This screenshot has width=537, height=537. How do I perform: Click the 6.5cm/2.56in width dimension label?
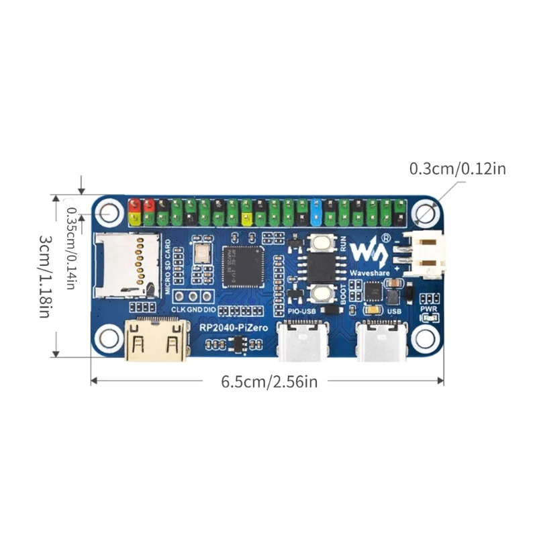tap(269, 382)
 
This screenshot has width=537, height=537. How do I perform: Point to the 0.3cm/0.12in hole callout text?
tap(458, 168)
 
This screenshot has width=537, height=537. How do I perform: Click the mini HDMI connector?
tap(156, 340)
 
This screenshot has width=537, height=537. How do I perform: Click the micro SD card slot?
tap(128, 263)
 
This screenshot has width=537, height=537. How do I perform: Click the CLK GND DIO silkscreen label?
tap(192, 310)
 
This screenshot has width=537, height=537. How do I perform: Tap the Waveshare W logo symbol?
tap(369, 252)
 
